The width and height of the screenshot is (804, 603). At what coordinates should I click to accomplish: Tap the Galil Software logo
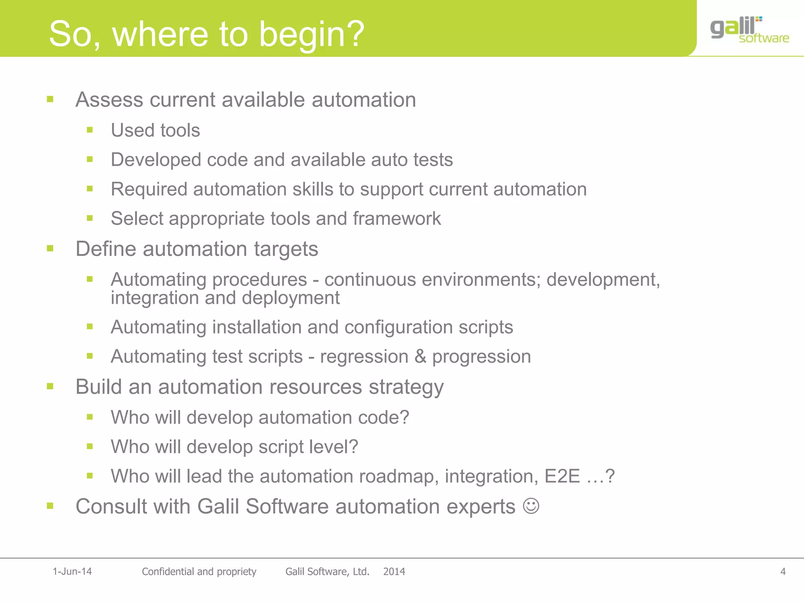point(749,30)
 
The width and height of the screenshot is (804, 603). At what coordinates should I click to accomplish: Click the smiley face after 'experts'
point(531,506)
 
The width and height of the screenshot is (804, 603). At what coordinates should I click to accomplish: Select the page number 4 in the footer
point(783,572)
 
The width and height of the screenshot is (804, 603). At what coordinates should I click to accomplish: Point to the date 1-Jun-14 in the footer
point(72,572)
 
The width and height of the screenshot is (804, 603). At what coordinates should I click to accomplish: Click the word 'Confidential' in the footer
point(168,572)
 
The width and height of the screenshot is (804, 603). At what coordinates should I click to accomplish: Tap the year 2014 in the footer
point(394,572)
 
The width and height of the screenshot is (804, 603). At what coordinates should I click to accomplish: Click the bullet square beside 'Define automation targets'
point(50,249)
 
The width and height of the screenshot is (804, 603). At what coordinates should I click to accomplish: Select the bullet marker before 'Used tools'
point(90,130)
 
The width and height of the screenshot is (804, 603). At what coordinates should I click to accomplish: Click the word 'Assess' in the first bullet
point(109,100)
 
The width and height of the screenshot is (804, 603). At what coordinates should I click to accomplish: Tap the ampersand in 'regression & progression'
point(420,356)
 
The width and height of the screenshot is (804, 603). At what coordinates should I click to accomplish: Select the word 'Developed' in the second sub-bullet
point(156,160)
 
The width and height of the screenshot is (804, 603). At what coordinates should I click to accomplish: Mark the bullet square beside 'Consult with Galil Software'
point(50,506)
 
